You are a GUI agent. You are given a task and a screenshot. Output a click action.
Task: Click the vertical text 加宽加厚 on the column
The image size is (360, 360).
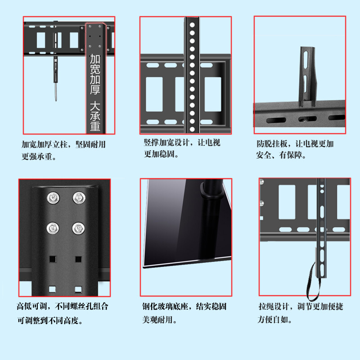95,74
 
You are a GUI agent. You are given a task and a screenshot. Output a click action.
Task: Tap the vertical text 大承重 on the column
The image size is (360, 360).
95,116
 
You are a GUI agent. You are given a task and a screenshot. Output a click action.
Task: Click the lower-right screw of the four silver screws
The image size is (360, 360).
78,228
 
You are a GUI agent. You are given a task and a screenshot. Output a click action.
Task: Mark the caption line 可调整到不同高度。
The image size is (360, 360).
50,320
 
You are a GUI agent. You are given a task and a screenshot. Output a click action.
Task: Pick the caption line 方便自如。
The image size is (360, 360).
275,320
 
